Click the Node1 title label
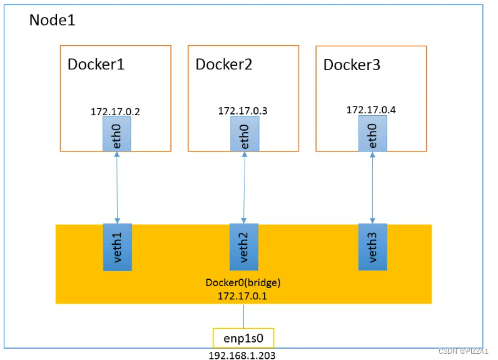[52, 20]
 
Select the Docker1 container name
[96, 64]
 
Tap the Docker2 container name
[223, 64]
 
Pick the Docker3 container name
[352, 65]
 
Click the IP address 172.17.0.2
[115, 112]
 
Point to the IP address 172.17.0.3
[243, 111]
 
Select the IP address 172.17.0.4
[371, 110]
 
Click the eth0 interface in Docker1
[117, 134]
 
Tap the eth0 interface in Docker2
[245, 134]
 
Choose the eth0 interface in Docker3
[372, 134]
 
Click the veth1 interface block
[117, 247]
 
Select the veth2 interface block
[245, 247]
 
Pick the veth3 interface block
[372, 247]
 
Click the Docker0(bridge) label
[243, 282]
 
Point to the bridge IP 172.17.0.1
[243, 296]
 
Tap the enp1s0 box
[243, 338]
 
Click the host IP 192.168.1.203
[242, 355]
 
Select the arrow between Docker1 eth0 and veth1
[117, 187]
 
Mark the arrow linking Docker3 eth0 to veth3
[372, 187]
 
